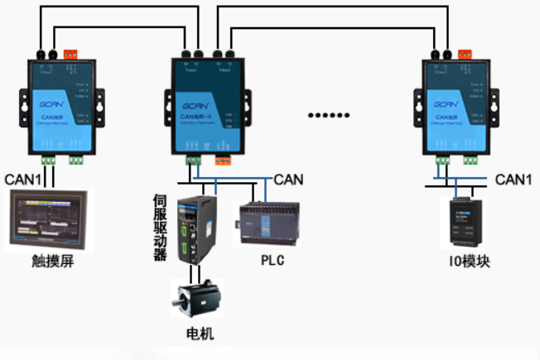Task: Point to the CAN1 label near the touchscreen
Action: (22, 179)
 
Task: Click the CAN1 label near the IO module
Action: (513, 179)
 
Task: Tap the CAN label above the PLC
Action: (288, 178)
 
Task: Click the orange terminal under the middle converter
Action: (224, 161)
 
